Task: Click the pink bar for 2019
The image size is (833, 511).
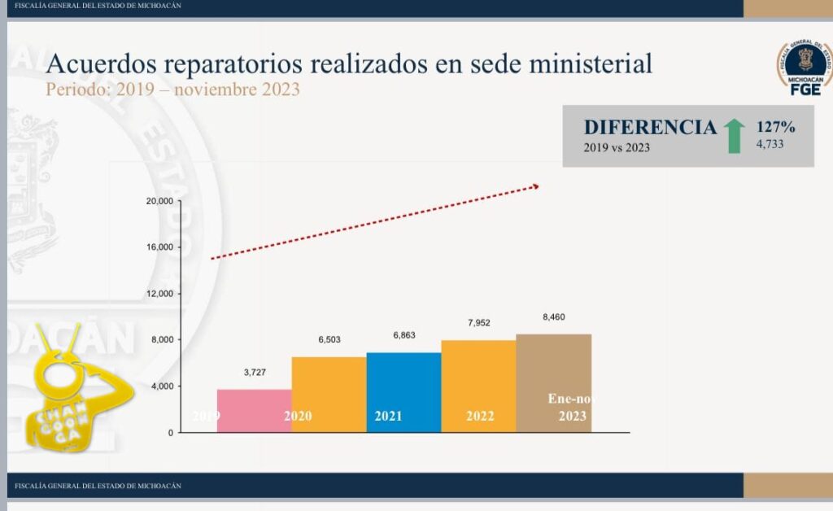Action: coord(254,410)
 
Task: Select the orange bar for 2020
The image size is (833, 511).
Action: coord(329,394)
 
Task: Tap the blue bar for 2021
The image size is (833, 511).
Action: coord(403,391)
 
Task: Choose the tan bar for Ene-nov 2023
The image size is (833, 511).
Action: coord(553,382)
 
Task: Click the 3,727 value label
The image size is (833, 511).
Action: coord(255,373)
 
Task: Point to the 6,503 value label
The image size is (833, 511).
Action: coord(329,341)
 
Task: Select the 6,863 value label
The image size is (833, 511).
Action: coord(404,335)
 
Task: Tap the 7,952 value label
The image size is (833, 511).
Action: coord(479,323)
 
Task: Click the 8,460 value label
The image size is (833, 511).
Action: coord(554,317)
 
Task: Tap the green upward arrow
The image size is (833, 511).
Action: coord(735,135)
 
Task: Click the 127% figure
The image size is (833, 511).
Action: coord(775,127)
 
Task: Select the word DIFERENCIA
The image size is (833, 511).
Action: coord(650,127)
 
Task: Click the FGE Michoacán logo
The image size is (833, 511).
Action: coord(805,68)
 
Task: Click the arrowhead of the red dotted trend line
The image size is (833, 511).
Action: coord(535,186)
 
